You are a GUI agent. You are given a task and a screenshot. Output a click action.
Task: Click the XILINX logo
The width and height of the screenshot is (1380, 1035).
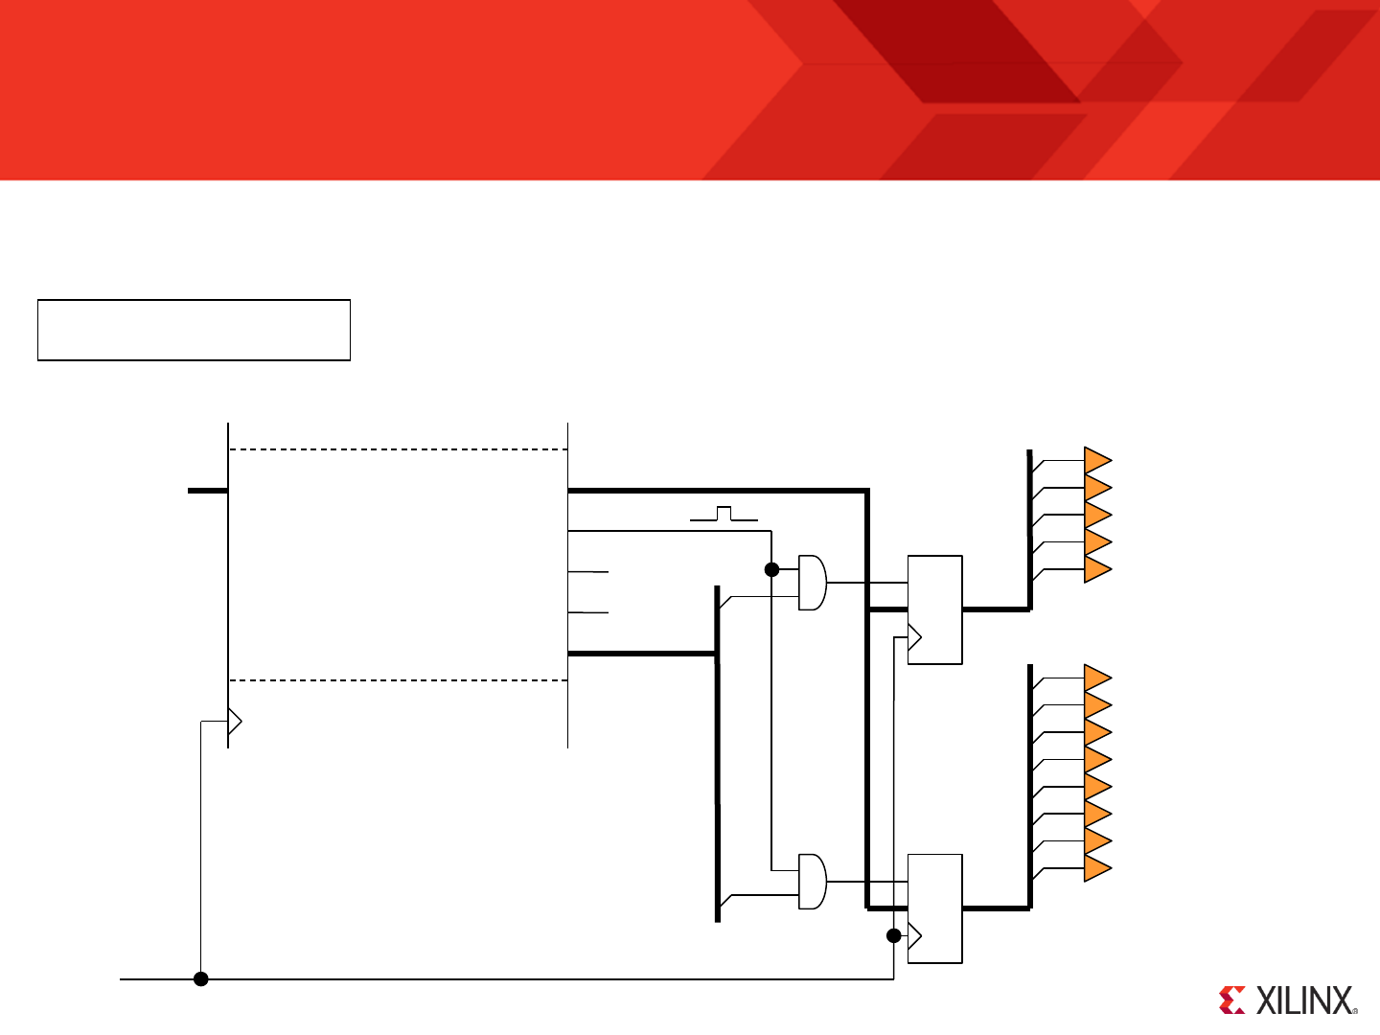(1287, 1000)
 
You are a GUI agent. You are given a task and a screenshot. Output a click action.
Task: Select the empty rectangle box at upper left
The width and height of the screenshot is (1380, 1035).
(194, 330)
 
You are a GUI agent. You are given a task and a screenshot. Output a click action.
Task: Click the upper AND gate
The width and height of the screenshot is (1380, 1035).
(812, 583)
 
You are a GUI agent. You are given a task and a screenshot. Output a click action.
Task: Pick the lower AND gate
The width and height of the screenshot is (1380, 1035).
(812, 882)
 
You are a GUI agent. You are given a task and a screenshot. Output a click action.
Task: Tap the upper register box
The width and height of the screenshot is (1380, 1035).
(934, 609)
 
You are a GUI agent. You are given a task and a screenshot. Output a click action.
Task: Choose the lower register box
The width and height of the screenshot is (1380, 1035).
(934, 908)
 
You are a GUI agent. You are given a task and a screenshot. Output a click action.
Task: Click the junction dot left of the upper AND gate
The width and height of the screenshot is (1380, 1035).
(771, 569)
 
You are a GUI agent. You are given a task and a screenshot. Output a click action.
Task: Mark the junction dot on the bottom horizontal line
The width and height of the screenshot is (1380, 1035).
(201, 978)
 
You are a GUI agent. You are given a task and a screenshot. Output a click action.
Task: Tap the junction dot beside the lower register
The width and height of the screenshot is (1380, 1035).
(894, 935)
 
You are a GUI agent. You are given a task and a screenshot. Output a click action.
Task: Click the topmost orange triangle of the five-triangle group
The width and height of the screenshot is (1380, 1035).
(1096, 460)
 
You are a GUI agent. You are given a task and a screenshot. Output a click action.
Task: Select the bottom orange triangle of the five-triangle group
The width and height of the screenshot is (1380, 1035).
(1096, 569)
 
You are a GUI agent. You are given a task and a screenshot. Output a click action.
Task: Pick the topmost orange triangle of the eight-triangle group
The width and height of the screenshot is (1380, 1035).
(1096, 678)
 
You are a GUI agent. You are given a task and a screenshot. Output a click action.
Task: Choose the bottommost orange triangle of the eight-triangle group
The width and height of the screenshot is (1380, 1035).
(1096, 868)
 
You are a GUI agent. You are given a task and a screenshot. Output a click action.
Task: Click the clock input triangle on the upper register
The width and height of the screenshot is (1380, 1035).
(914, 636)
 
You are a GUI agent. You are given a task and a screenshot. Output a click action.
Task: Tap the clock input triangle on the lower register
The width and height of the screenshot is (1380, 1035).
(914, 935)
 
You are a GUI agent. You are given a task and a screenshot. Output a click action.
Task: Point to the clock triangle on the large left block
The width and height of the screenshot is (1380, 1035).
(235, 721)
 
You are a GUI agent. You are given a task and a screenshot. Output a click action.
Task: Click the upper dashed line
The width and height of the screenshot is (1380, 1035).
(398, 448)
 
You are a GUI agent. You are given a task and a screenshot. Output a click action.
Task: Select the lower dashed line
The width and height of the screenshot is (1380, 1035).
(398, 680)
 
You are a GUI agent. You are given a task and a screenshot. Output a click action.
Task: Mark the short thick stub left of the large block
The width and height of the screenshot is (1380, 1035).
(207, 491)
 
